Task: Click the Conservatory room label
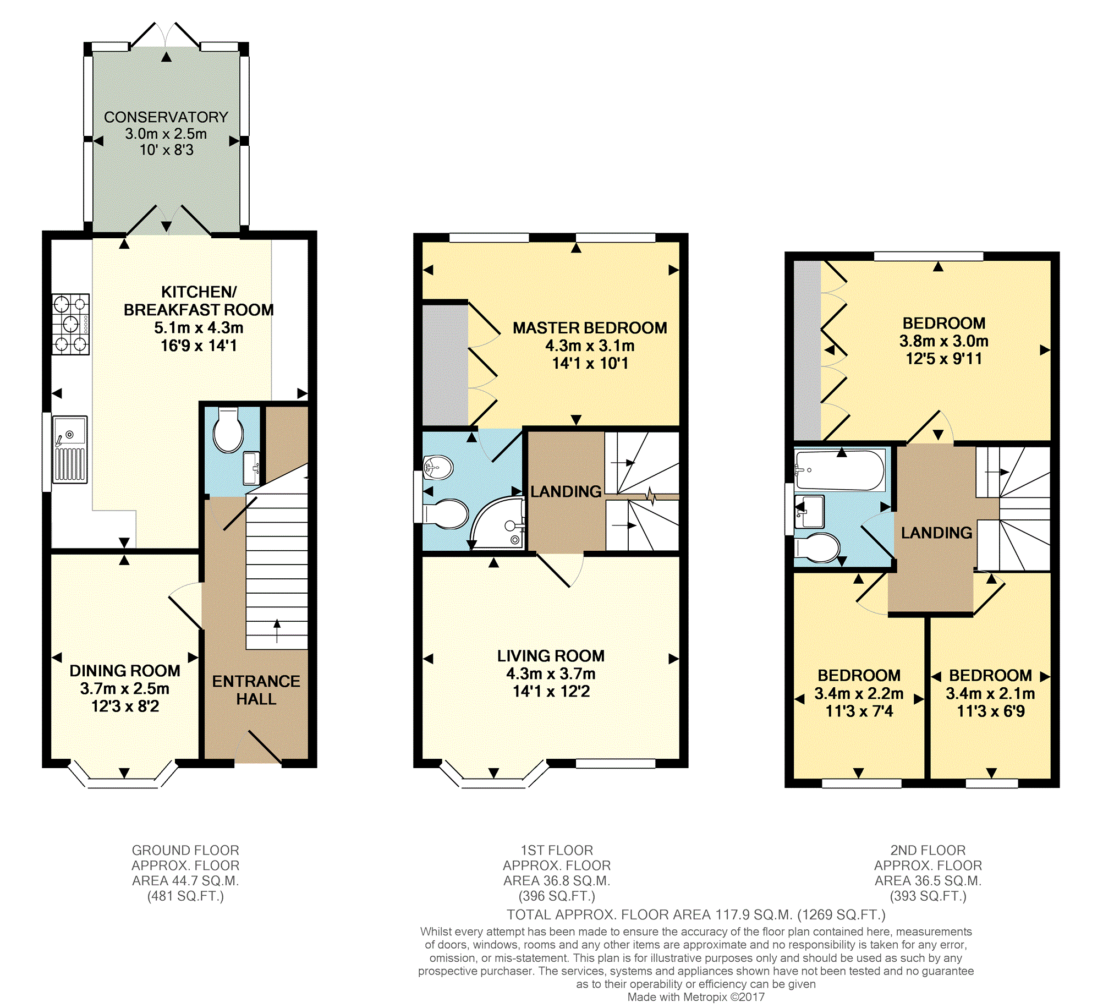tap(166, 117)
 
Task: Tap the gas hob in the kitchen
tap(71, 324)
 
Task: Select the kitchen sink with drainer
tap(70, 450)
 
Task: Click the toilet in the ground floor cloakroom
tap(228, 430)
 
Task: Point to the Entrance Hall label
tap(256, 690)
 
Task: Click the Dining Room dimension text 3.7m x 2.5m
tap(125, 688)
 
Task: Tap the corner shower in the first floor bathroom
tap(496, 522)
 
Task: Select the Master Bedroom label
tap(590, 328)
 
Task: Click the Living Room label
tap(551, 656)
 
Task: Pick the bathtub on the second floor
tap(839, 470)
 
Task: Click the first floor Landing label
tap(566, 491)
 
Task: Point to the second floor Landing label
tap(937, 533)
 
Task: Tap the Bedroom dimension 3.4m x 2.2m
tap(859, 694)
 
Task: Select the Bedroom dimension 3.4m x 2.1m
tap(991, 694)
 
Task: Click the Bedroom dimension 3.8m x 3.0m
tap(944, 341)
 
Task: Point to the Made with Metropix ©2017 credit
tap(696, 997)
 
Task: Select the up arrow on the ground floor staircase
tap(277, 631)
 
